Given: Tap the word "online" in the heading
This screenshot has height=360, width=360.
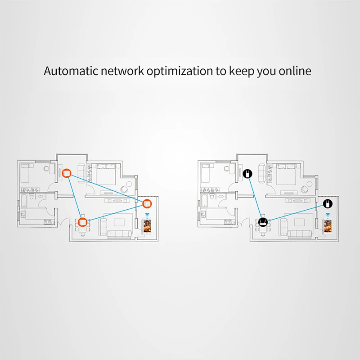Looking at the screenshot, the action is click(295, 71).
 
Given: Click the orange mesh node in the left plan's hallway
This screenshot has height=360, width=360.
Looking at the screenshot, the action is click(66, 172).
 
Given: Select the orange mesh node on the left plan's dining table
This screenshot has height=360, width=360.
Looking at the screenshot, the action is click(82, 222).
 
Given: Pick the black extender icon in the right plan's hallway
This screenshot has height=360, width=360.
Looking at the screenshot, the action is click(247, 173).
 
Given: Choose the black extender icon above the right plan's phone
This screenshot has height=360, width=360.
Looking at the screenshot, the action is click(328, 203).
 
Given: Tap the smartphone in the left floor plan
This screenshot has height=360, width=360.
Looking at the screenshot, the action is click(147, 226).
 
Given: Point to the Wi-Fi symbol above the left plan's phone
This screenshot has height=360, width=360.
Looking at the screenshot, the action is click(147, 214).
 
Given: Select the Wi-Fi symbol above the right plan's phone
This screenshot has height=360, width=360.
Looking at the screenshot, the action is click(328, 214).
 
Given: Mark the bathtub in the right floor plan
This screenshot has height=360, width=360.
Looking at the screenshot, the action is click(205, 199).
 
